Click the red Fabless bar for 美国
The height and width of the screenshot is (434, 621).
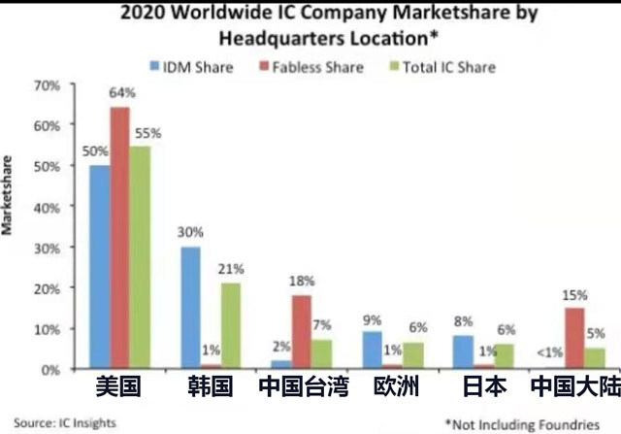(x=119, y=238)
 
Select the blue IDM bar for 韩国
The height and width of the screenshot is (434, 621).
(x=191, y=308)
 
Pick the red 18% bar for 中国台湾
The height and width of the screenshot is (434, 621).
(x=302, y=332)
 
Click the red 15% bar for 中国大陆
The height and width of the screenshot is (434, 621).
(x=575, y=338)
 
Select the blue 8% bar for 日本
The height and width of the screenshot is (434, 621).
(x=464, y=352)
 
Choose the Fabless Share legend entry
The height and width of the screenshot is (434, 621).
(x=295, y=67)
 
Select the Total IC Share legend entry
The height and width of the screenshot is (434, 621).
(x=428, y=67)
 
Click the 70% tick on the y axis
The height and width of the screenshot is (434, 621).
(x=47, y=85)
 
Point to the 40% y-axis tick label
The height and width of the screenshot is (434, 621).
(x=47, y=208)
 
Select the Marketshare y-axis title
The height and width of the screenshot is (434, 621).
(x=9, y=193)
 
